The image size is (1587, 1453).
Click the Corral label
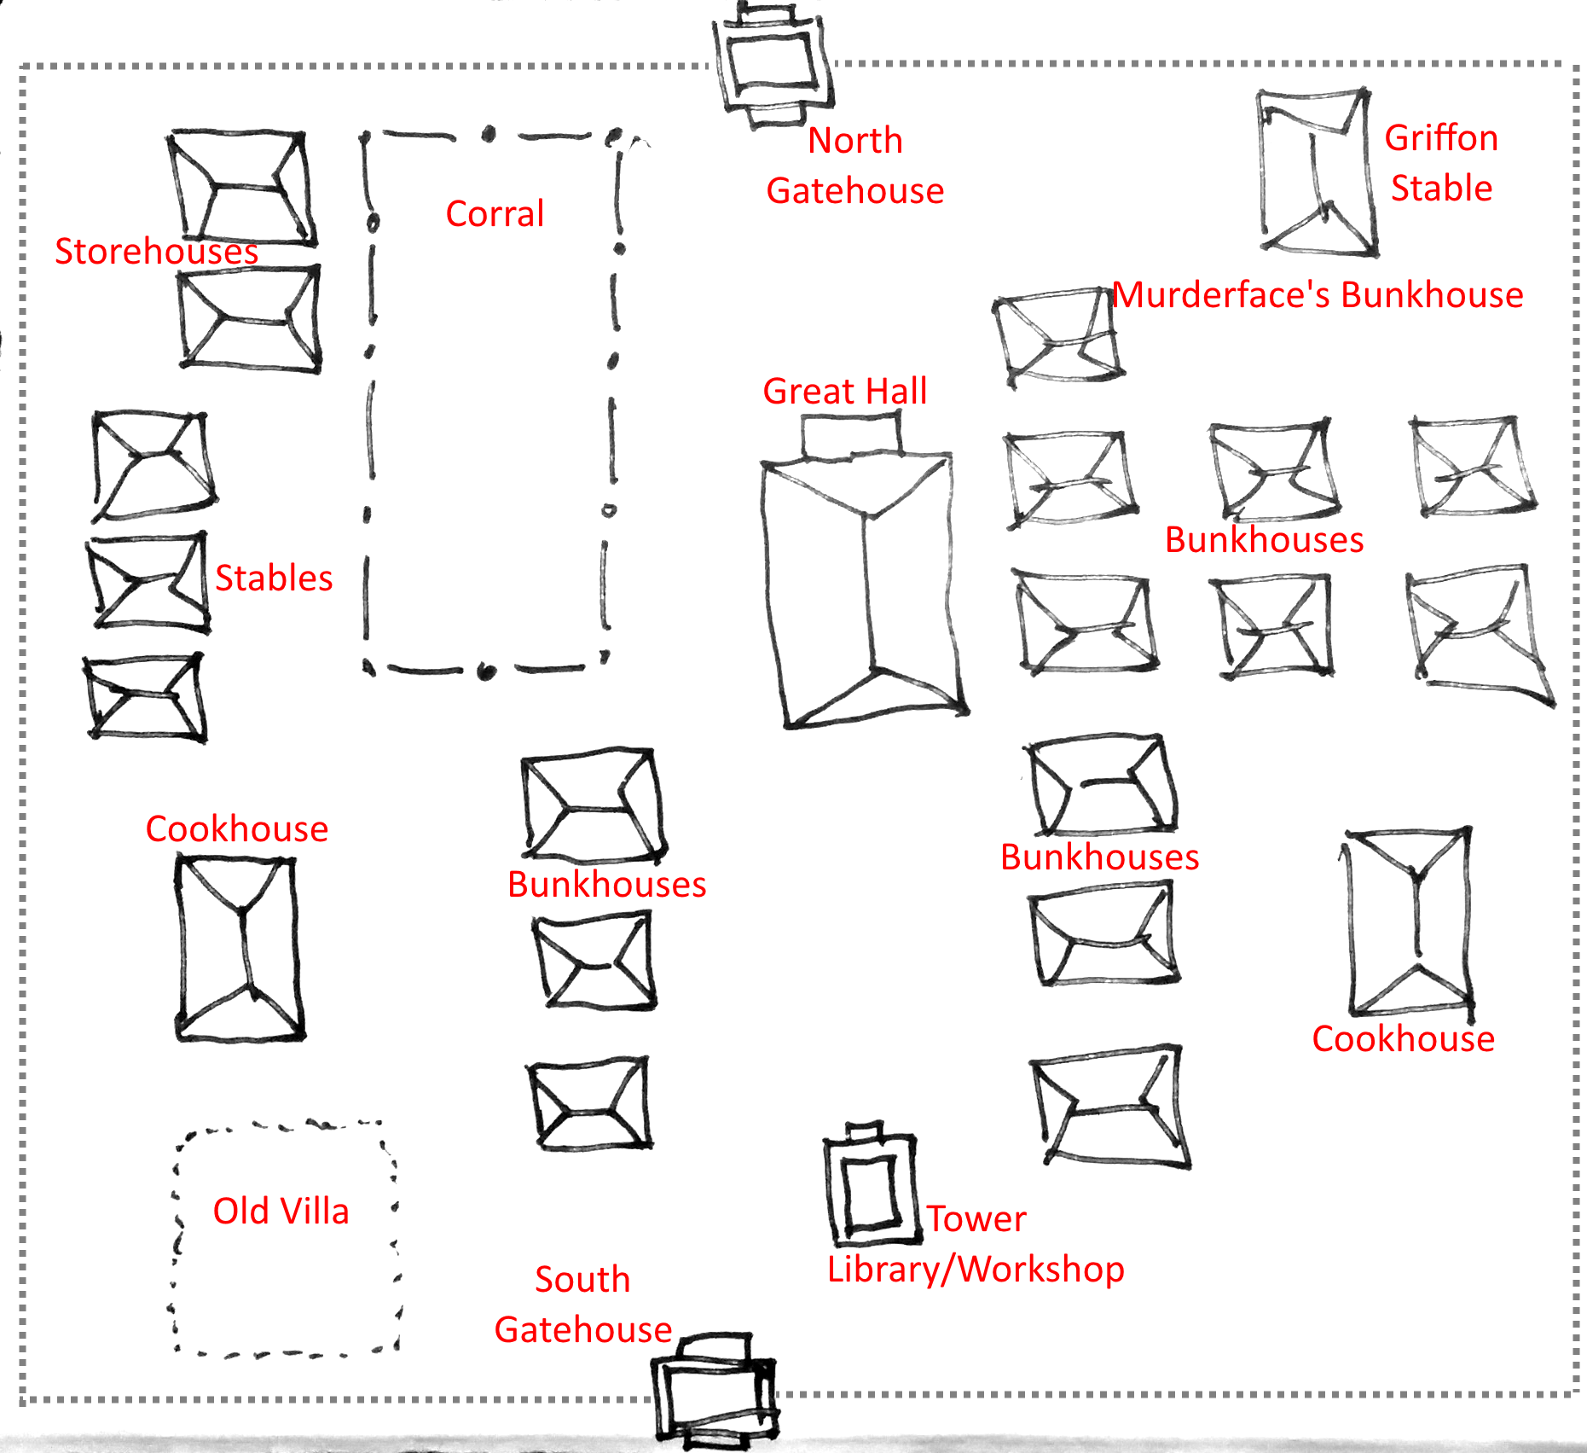495,213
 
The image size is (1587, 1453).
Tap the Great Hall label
844,391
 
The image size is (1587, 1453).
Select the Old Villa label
281,1211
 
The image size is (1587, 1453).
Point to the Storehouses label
156,251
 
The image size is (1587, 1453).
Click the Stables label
274,578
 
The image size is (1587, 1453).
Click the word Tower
976,1218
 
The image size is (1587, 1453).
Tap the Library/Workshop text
976,1269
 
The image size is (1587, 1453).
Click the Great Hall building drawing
866,589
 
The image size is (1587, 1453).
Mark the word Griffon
1441,137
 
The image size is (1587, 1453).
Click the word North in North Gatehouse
855,140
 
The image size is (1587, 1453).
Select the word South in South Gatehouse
582,1279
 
